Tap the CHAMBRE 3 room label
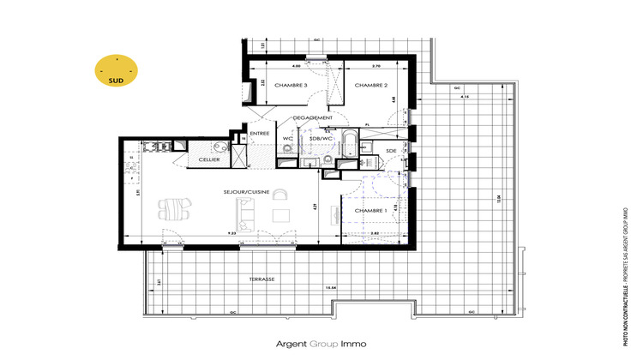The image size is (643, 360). (x=292, y=86)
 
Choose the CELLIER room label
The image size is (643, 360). (x=209, y=159)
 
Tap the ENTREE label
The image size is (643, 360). (x=260, y=133)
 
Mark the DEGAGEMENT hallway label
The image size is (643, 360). (x=311, y=117)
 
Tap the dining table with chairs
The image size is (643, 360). (x=175, y=208)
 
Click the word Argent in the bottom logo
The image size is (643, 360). (x=291, y=344)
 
